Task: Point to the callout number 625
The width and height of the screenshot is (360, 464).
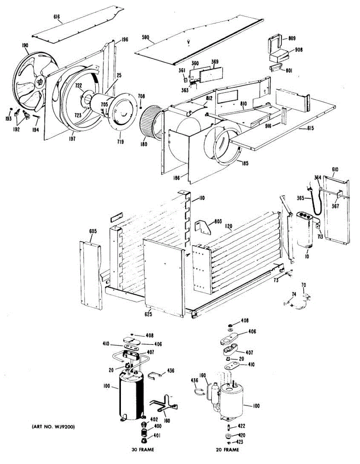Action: pos(148,314)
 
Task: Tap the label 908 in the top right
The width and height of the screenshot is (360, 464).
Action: pos(299,49)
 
